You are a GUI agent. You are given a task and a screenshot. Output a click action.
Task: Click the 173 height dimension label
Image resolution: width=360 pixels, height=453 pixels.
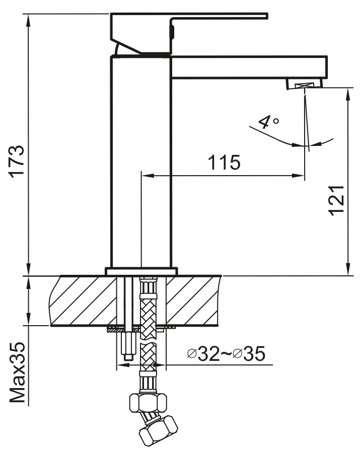click(17, 161)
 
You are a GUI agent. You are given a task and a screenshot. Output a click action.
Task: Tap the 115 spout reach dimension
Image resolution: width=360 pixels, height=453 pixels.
click(224, 162)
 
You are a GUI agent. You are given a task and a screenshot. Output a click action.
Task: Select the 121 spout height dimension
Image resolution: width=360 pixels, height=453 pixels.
click(337, 200)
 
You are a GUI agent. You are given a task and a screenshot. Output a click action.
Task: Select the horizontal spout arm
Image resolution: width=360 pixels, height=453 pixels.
click(249, 67)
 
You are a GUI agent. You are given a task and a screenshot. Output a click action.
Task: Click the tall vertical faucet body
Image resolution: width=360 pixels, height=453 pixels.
click(141, 161)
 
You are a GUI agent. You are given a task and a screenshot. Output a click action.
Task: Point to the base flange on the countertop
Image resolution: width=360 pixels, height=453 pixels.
click(141, 271)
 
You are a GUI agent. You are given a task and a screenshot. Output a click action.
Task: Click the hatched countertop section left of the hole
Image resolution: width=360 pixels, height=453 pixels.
click(83, 300)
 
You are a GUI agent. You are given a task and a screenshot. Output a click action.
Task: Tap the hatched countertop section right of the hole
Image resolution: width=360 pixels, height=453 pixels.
click(194, 300)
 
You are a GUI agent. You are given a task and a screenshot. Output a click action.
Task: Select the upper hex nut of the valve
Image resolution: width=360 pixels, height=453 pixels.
click(148, 402)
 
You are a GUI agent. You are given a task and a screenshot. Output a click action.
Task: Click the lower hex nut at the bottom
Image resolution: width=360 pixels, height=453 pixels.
click(158, 431)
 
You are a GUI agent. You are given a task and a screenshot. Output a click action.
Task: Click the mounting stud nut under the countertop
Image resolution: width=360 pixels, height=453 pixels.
click(128, 345)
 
